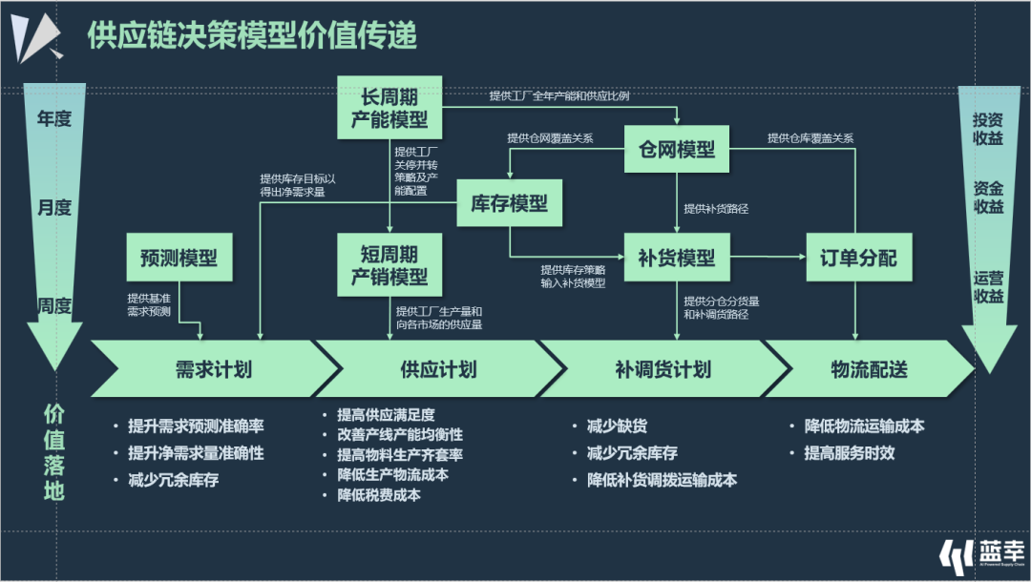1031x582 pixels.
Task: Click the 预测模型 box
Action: point(179,258)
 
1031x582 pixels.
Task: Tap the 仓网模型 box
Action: point(676,149)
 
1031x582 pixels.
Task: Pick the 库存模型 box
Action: point(509,203)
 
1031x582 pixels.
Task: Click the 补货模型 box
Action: point(676,258)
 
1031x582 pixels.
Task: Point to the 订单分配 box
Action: point(857,258)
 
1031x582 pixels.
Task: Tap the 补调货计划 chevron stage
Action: point(663,369)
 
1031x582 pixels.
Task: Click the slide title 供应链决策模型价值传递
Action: point(252,36)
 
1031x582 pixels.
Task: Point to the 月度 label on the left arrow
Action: point(54,207)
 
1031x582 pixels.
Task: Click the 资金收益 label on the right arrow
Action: point(988,197)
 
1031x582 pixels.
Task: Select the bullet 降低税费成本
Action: point(378,495)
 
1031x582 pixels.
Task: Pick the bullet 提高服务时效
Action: point(849,453)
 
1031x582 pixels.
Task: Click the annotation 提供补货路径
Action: point(715,208)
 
